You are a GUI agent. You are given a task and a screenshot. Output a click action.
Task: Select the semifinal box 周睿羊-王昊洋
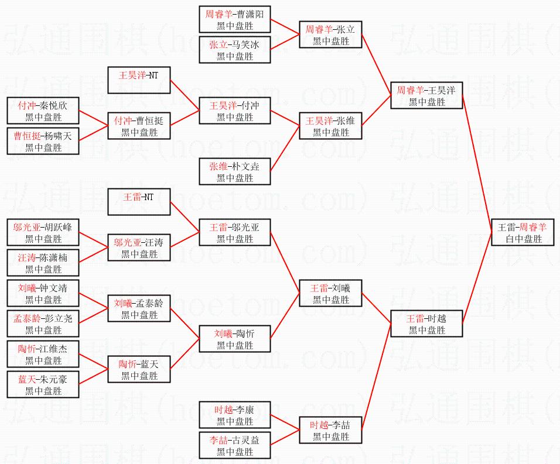[426, 96]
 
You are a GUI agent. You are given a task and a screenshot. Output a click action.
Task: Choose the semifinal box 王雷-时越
[426, 324]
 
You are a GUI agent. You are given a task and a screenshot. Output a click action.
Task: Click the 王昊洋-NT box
[139, 81]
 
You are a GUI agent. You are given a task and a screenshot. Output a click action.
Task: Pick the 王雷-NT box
[139, 202]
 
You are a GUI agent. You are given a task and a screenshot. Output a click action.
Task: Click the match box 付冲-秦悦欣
[43, 111]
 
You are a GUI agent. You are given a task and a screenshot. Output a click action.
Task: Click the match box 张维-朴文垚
[235, 172]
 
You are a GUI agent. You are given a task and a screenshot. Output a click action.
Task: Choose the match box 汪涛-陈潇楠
[43, 263]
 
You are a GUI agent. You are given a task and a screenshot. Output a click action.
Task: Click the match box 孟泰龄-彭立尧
[43, 324]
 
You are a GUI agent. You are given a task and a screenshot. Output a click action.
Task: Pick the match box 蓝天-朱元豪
[43, 385]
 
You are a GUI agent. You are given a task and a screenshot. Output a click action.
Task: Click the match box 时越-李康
[235, 415]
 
